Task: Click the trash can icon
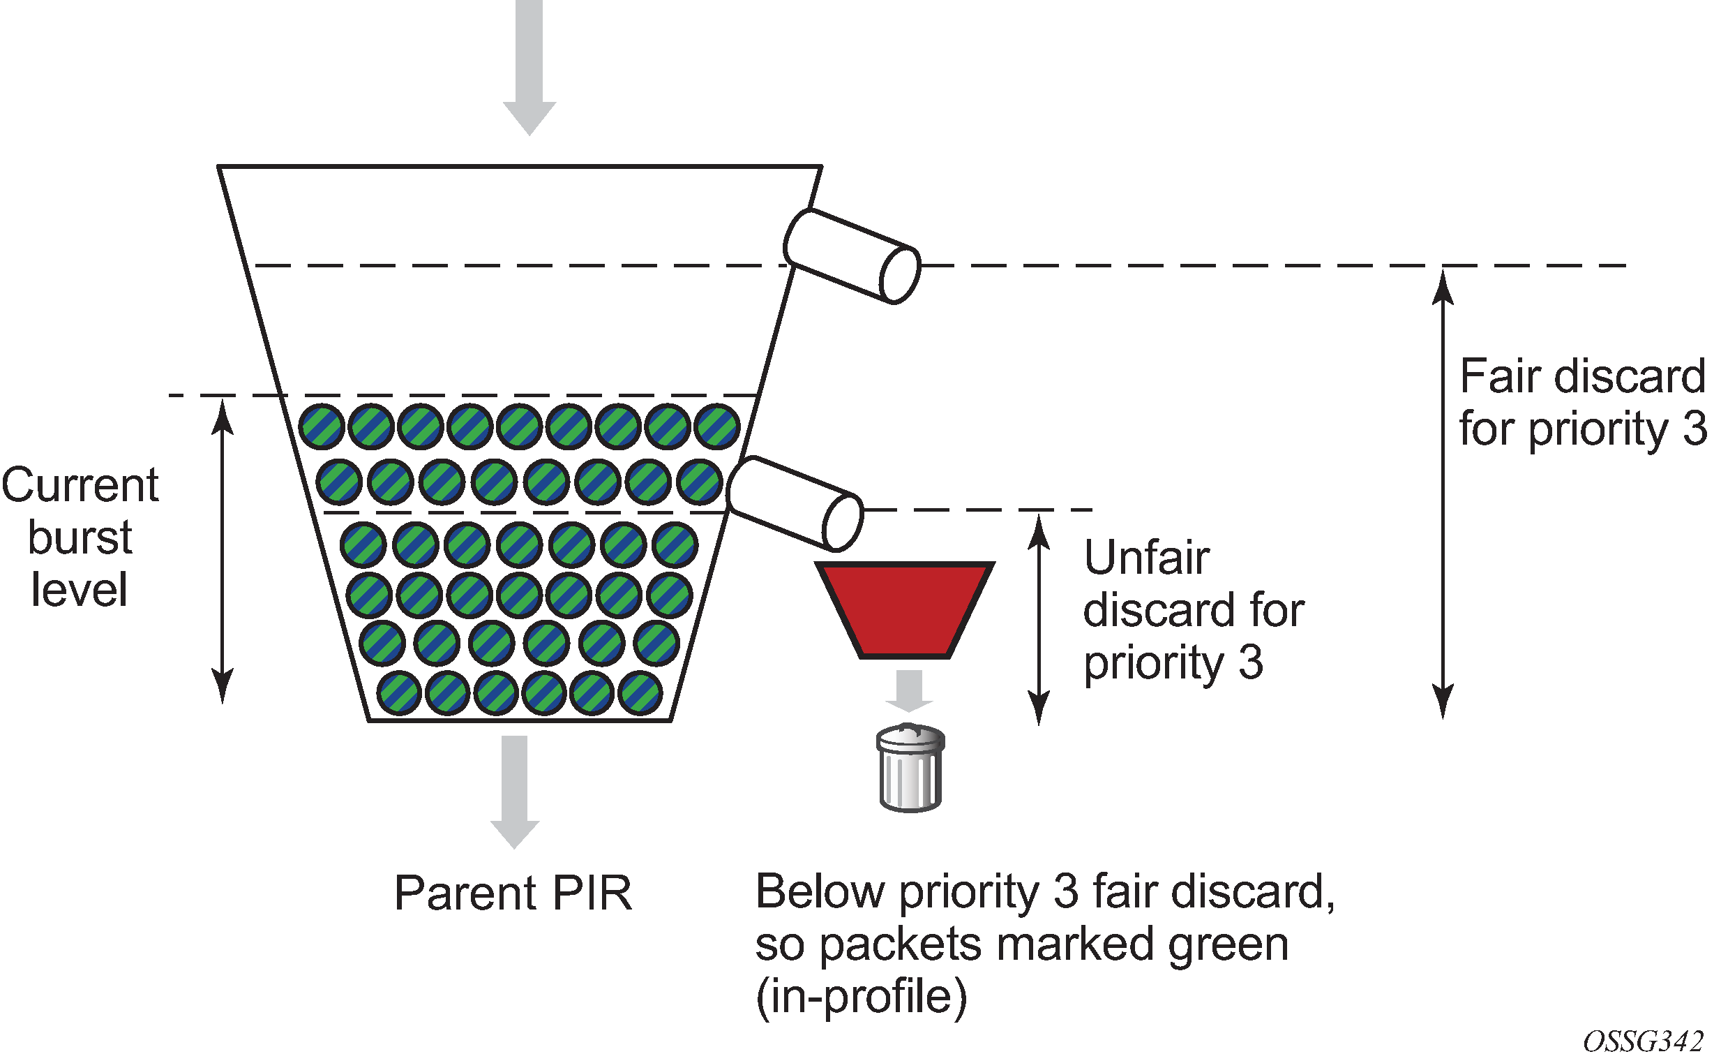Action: click(910, 768)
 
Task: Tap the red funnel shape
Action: click(905, 609)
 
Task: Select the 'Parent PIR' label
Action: click(513, 893)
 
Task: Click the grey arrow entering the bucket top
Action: click(529, 68)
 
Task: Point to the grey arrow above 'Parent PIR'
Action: click(515, 792)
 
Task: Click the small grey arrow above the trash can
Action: click(909, 690)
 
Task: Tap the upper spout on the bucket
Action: click(851, 256)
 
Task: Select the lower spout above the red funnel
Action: click(795, 503)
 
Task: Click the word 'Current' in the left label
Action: click(80, 485)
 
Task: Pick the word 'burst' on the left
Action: click(80, 537)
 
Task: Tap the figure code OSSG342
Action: click(1643, 1041)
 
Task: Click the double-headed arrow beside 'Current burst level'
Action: click(223, 551)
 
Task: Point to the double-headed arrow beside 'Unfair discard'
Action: click(1039, 619)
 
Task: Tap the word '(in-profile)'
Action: click(862, 997)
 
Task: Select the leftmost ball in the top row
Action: click(321, 426)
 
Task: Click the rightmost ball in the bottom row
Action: click(640, 693)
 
